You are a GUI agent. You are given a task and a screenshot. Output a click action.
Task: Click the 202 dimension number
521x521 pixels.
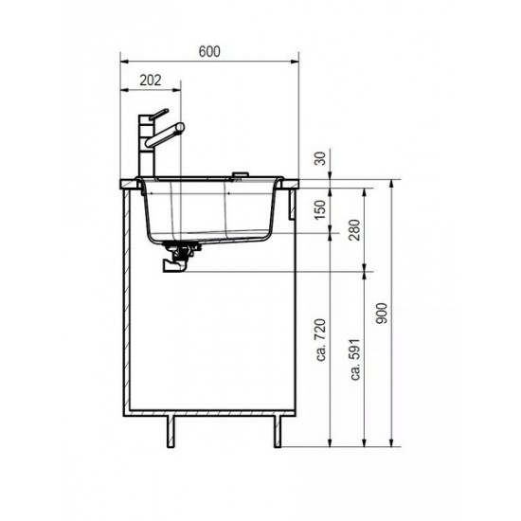151,81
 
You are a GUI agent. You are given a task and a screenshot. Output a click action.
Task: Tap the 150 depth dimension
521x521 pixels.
327,207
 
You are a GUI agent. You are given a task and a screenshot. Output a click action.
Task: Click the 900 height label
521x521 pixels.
382,313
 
